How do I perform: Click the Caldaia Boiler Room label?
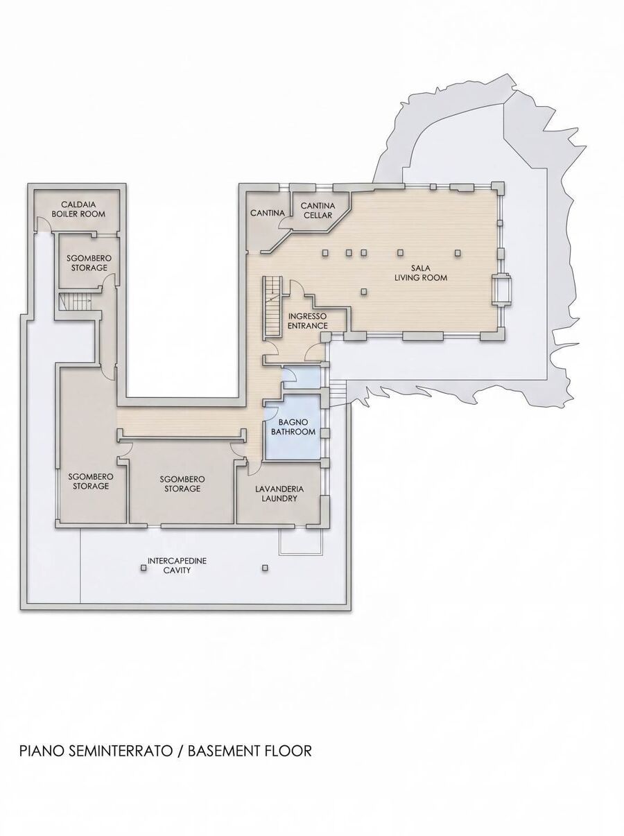pyautogui.click(x=78, y=209)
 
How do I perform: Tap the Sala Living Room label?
pyautogui.click(x=420, y=272)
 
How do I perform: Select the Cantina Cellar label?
pyautogui.click(x=318, y=210)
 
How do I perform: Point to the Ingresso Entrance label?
pyautogui.click(x=308, y=321)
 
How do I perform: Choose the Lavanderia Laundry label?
pyautogui.click(x=279, y=494)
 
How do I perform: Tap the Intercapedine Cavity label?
pyautogui.click(x=177, y=566)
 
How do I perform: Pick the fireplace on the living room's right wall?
pyautogui.click(x=502, y=289)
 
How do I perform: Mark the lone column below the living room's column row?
pyautogui.click(x=364, y=292)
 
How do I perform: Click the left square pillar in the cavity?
pyautogui.click(x=144, y=568)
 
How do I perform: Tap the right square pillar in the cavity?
pyautogui.click(x=265, y=568)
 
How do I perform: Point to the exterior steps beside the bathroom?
pyautogui.click(x=338, y=394)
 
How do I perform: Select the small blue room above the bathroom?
pyautogui.click(x=303, y=377)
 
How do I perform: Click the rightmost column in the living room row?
pyautogui.click(x=458, y=252)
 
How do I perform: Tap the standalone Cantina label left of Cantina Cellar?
pyautogui.click(x=268, y=213)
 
